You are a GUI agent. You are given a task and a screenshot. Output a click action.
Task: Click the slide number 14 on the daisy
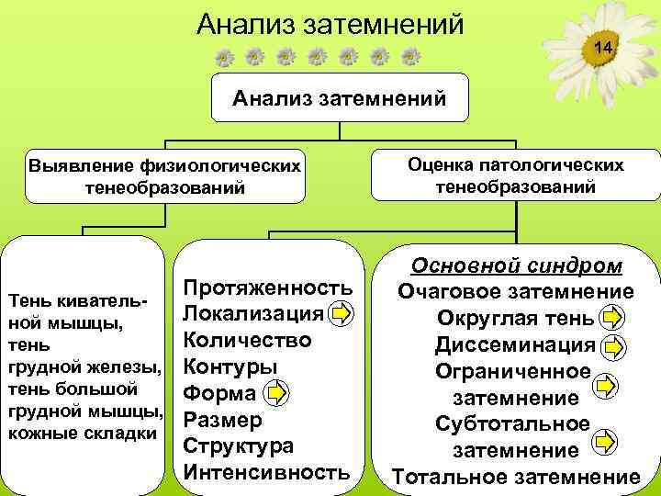point(601,46)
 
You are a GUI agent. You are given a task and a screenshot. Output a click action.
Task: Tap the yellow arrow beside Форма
point(276,394)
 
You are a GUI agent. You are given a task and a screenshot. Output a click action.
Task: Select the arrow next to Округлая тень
point(611,320)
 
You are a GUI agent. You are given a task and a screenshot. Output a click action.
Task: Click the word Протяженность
point(268,287)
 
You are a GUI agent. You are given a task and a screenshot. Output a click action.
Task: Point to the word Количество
point(248,341)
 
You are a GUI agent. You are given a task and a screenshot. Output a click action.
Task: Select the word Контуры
point(230,367)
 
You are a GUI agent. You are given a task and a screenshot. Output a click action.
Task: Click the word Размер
point(224,421)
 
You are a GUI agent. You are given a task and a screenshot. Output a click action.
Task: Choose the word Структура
point(239,447)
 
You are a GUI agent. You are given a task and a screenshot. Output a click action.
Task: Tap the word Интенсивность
point(267,474)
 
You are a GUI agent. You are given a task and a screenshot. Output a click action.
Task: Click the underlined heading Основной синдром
point(516,265)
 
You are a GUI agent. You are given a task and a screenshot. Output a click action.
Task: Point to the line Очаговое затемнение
point(515,293)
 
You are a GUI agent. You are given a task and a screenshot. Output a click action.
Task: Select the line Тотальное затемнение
point(515,478)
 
